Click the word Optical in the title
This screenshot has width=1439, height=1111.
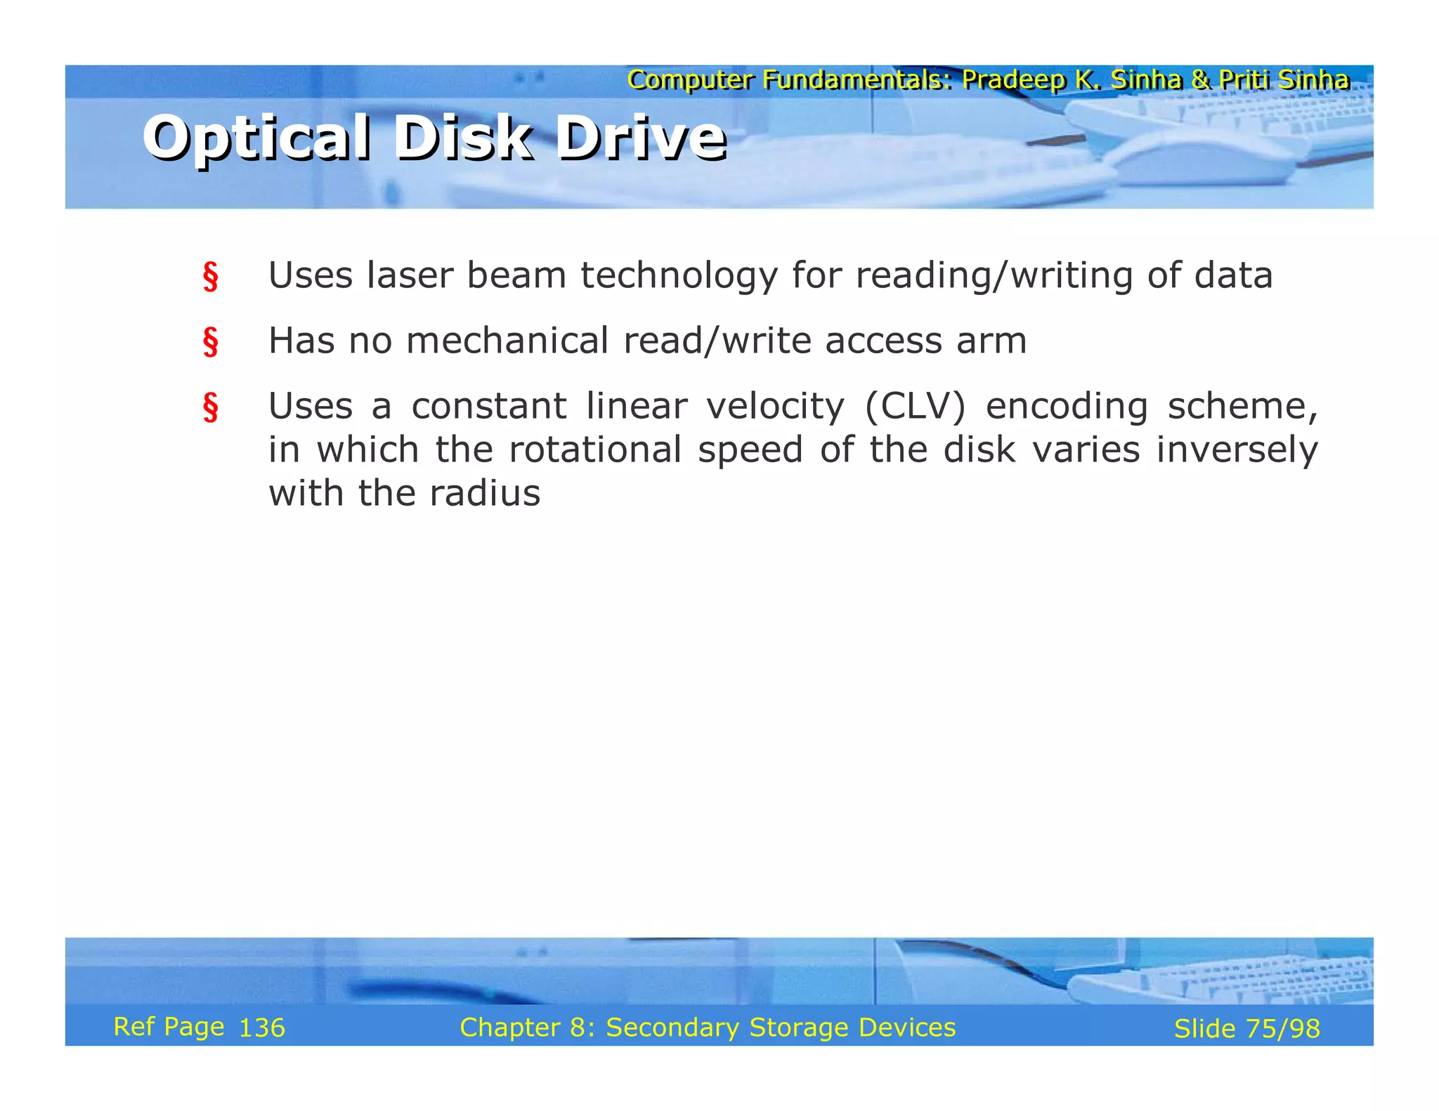[x=256, y=138]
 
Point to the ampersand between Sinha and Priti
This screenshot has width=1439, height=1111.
[x=1200, y=80]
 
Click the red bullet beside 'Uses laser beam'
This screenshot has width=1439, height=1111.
[x=210, y=277]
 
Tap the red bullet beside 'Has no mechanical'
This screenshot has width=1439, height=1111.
[x=210, y=342]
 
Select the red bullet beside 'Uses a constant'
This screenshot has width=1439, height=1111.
[x=210, y=407]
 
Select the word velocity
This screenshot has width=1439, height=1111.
[x=774, y=407]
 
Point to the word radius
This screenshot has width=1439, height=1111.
[x=485, y=493]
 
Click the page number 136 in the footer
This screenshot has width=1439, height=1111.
[x=262, y=1028]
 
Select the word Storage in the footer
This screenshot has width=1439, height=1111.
[x=799, y=1027]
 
